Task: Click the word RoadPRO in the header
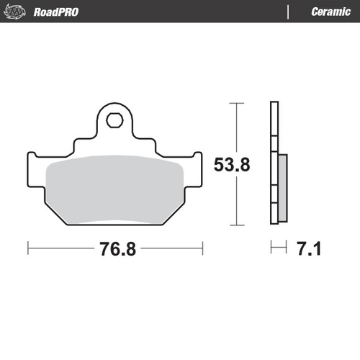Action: [55, 12]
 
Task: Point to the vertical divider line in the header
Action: [289, 12]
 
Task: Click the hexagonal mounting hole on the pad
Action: [114, 120]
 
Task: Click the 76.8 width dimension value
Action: [115, 249]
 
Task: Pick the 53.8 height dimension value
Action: [232, 165]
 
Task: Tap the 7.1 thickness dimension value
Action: [307, 249]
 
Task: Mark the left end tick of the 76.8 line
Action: [27, 248]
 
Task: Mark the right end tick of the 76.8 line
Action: [202, 248]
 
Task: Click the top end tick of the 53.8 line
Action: [231, 103]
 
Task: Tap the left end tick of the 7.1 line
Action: [271, 248]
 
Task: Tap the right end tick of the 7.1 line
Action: [287, 248]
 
